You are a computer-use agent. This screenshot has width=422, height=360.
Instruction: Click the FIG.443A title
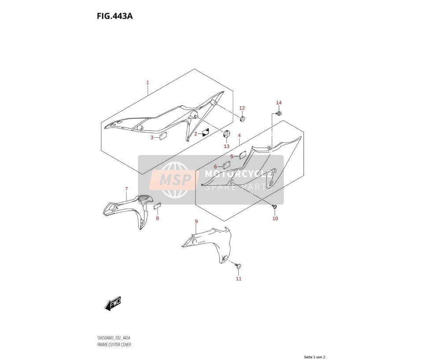(115, 16)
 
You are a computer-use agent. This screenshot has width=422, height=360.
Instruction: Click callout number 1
(148, 83)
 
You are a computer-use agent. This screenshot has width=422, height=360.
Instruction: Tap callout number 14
(279, 103)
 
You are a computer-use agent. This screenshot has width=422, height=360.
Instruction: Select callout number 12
(242, 108)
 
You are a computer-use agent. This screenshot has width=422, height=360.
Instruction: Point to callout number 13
(226, 146)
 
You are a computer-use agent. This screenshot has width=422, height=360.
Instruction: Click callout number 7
(126, 189)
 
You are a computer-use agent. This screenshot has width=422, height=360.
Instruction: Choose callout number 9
(196, 221)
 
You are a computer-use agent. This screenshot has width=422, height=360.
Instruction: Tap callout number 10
(275, 219)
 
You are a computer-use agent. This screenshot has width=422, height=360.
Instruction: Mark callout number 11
(239, 279)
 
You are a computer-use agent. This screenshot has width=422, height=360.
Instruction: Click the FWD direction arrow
(113, 304)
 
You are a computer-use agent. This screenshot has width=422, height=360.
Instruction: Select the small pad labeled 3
(163, 136)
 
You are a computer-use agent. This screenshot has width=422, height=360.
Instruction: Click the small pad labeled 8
(157, 206)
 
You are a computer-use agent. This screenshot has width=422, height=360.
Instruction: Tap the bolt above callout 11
(238, 266)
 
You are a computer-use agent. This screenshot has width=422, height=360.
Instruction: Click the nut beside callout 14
(279, 114)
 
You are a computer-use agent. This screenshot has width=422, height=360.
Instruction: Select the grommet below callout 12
(242, 118)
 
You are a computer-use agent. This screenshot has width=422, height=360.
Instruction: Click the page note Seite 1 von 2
(315, 357)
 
